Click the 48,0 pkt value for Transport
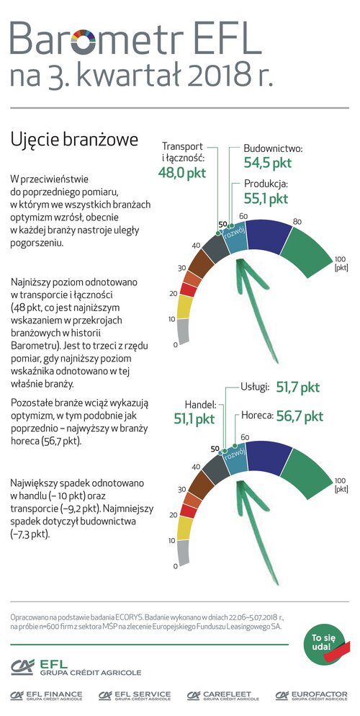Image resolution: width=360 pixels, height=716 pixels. pos(181,173)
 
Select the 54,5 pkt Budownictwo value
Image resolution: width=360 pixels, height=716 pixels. pos(267,163)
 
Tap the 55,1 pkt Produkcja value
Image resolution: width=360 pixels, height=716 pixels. pos(266,199)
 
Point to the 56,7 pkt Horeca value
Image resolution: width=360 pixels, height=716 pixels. pos(300,416)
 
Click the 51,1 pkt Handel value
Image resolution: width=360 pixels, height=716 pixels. pos(194,419)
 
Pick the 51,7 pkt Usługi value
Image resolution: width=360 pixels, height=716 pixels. pos(297,388)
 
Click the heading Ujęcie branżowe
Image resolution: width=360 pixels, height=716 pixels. pos(74,140)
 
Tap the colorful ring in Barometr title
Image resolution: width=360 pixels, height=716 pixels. pos(83,41)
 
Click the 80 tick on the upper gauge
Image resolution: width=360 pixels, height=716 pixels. pos(297,223)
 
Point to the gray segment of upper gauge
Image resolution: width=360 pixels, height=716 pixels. pos(184,331)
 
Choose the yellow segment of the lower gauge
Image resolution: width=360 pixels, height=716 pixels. pos(185,528)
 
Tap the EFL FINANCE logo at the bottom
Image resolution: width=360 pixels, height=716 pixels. pos(47,695)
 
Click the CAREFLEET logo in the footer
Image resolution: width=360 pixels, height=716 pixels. pos(222,695)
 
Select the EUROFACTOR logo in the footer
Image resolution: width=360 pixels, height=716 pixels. pos(311,695)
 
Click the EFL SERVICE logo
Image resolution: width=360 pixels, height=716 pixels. pos(135,695)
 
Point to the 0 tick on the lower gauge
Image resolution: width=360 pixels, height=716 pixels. pos(175,567)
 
